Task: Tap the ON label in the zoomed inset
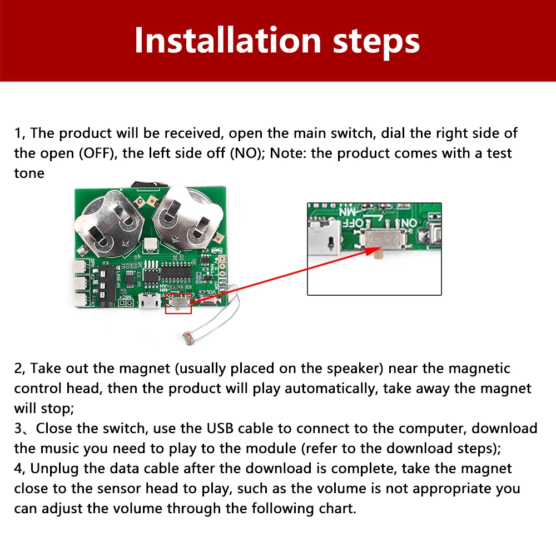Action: pos(410,223)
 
